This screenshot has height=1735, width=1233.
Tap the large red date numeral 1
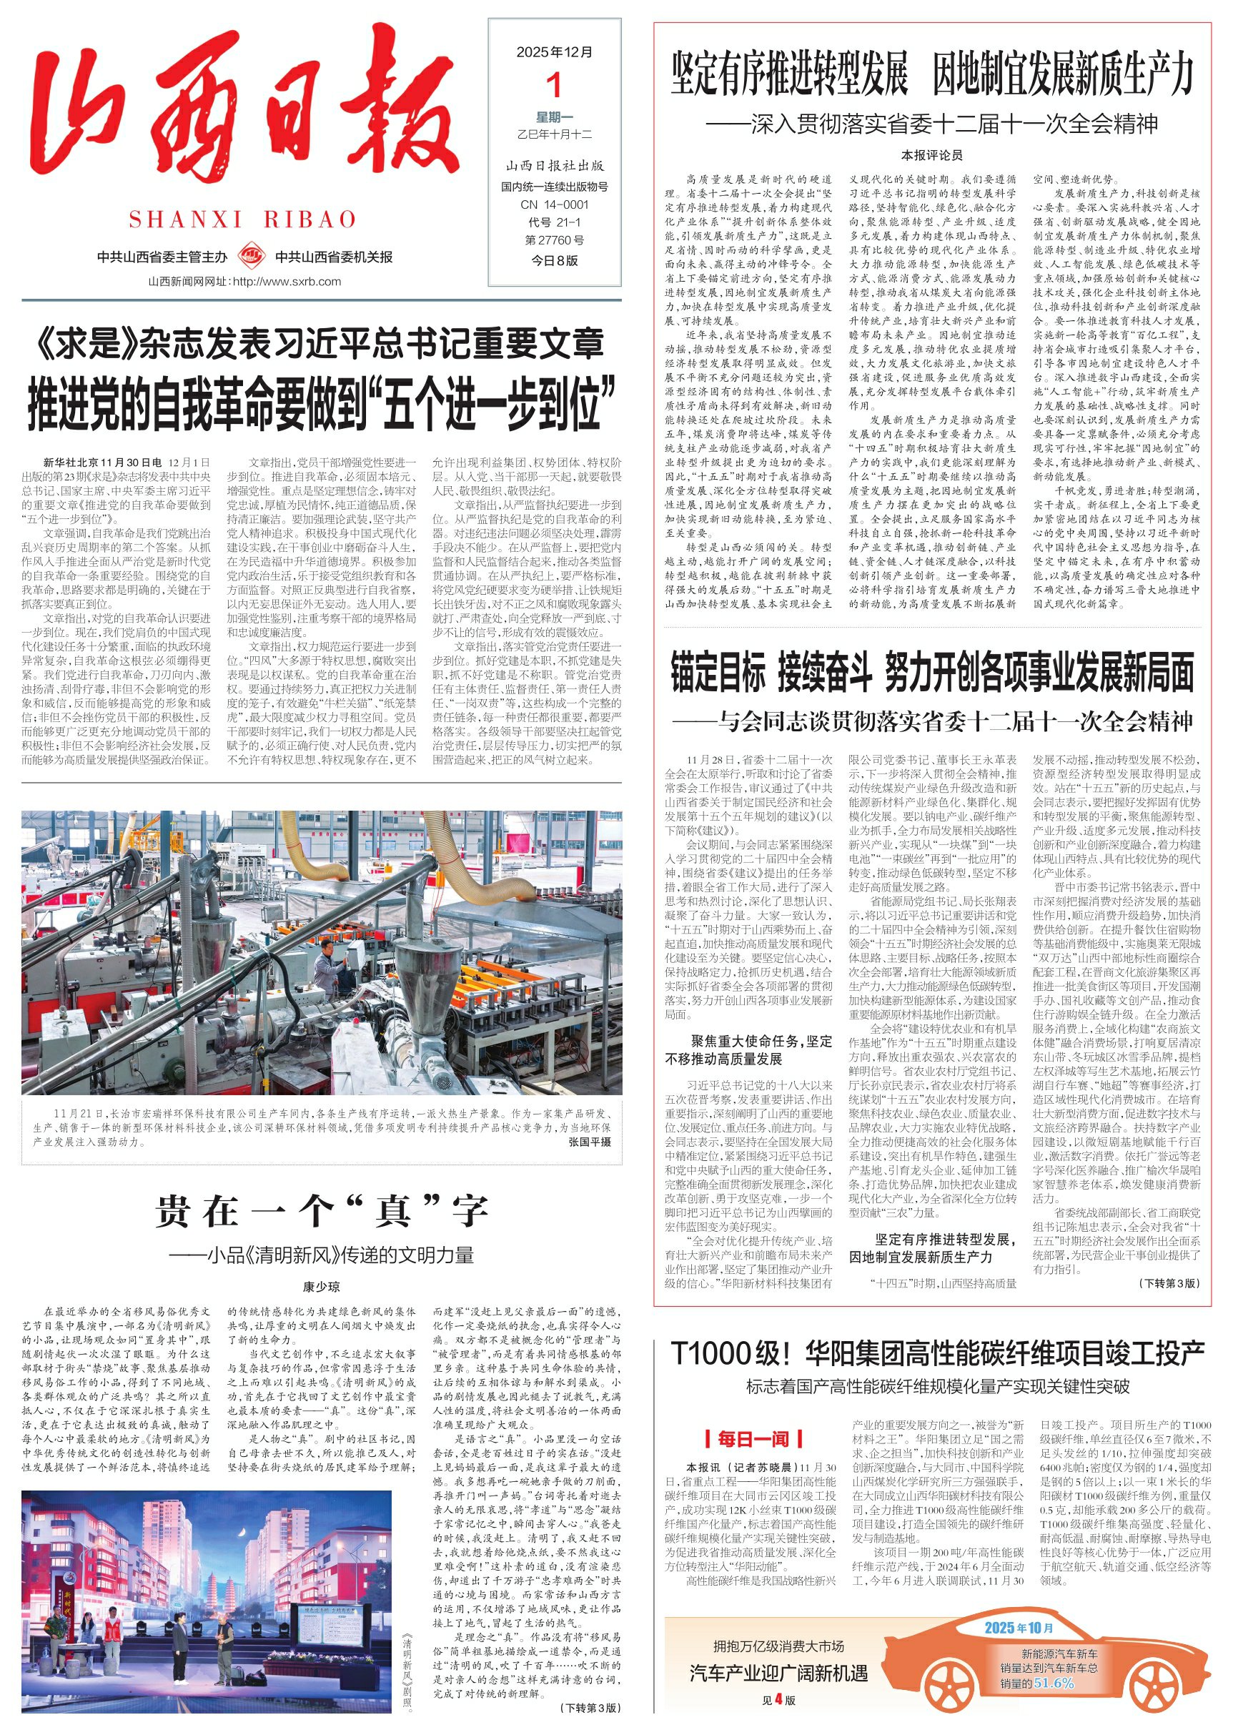(x=555, y=85)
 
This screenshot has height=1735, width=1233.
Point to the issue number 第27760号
(x=554, y=241)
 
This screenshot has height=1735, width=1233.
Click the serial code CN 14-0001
(x=554, y=204)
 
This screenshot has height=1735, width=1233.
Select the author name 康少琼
(x=321, y=1286)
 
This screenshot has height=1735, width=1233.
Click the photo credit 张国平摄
(x=589, y=1142)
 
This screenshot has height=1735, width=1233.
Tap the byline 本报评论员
(x=931, y=155)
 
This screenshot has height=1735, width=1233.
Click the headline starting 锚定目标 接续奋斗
(x=931, y=673)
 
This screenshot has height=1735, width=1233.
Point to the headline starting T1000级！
(x=938, y=1353)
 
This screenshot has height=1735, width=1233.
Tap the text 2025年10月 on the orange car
(x=1019, y=1627)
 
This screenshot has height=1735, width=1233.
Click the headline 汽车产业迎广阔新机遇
(x=778, y=1673)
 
